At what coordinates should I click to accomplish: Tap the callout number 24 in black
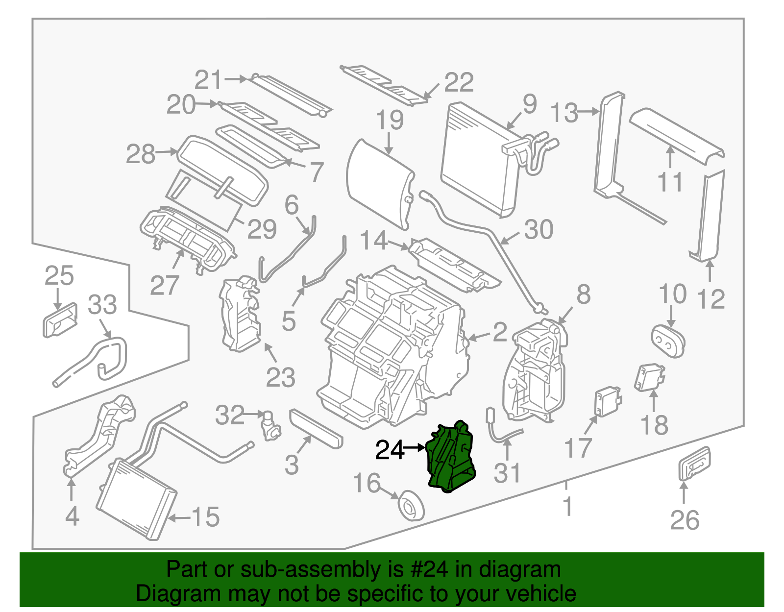point(389,450)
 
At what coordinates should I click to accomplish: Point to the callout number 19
point(390,121)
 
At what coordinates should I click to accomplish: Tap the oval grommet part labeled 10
point(668,340)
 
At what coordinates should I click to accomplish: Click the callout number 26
point(685,520)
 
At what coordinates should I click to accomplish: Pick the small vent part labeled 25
point(60,319)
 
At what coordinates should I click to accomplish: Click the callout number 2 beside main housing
point(499,332)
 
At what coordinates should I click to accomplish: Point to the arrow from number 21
point(236,79)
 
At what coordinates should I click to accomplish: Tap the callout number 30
point(539,229)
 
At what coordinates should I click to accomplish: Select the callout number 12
point(710,299)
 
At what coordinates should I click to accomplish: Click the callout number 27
point(165,285)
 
